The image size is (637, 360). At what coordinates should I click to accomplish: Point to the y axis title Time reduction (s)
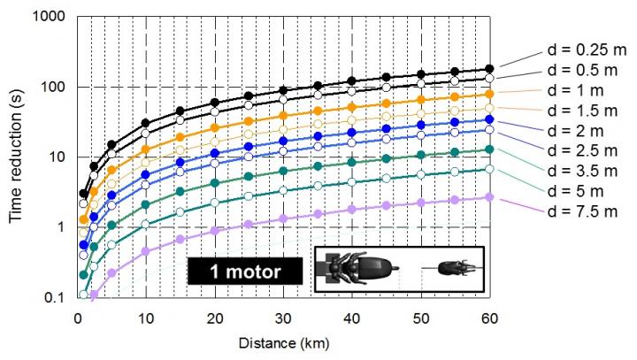pyautogui.click(x=16, y=157)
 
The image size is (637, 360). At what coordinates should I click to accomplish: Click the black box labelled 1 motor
pyautogui.click(x=239, y=270)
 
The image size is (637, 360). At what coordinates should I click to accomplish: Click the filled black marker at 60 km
pyautogui.click(x=489, y=69)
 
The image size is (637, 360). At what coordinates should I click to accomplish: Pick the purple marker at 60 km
pyautogui.click(x=489, y=196)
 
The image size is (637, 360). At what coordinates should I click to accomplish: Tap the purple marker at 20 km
pyautogui.click(x=214, y=230)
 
